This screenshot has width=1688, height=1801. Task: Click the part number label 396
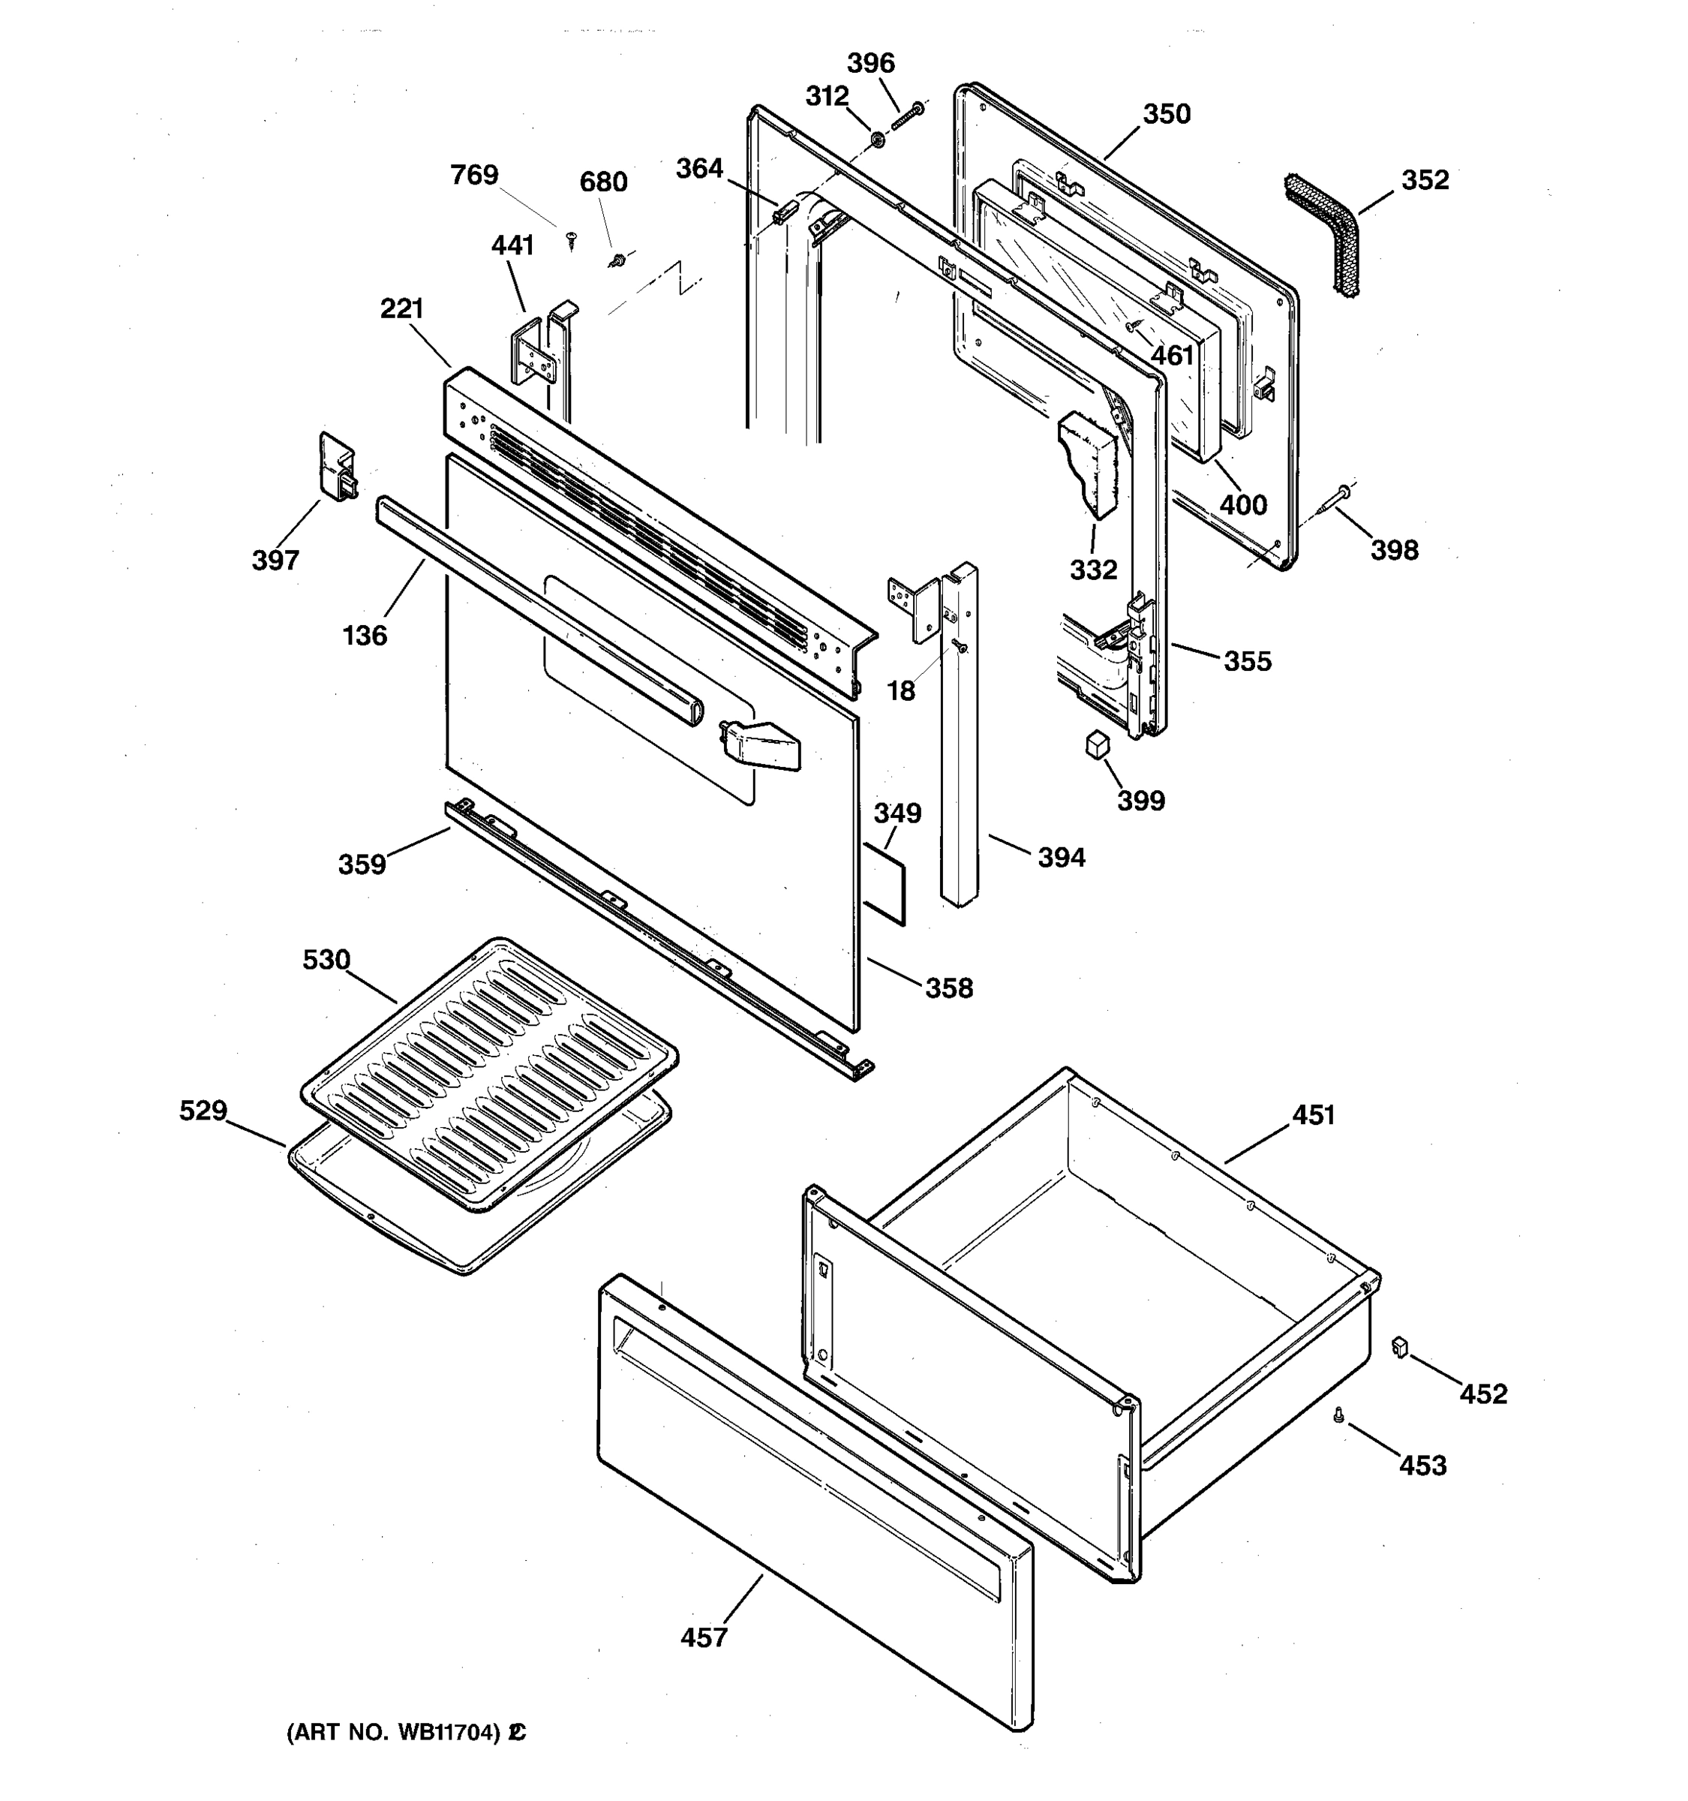click(870, 64)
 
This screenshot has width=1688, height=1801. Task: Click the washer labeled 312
click(878, 140)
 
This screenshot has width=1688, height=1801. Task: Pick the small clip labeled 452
click(1400, 1347)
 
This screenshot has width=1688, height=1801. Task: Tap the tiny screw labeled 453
click(1338, 1415)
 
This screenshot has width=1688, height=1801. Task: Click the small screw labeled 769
click(570, 239)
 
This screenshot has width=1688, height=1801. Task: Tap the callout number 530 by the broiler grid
click(326, 959)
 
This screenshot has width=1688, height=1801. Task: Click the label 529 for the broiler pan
click(203, 1111)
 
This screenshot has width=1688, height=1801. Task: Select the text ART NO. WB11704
click(395, 1732)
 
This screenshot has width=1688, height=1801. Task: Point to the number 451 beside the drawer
click(1313, 1115)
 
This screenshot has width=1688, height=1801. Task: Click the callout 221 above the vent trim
click(402, 309)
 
